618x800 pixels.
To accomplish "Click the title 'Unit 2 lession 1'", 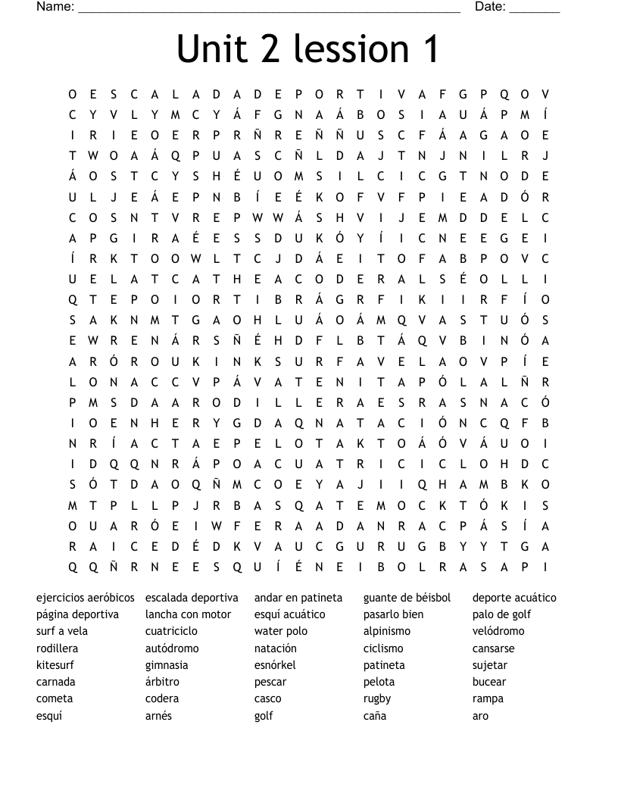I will tap(308, 48).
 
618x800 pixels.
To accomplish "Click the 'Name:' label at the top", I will tap(55, 7).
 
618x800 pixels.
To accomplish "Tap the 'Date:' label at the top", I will tap(491, 7).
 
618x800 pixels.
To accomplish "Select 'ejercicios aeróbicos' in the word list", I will tap(86, 598).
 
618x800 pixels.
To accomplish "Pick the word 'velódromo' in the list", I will tap(498, 631).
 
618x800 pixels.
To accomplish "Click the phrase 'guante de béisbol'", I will tap(407, 598).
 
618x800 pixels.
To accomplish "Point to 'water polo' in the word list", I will tap(281, 631).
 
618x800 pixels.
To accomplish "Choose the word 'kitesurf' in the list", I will tap(55, 665).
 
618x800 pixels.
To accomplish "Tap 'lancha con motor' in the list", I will tap(188, 614).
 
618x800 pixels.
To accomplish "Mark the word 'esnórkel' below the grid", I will tap(275, 665).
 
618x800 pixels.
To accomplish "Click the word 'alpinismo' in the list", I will tap(387, 631).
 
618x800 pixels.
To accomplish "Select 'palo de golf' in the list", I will tap(502, 614).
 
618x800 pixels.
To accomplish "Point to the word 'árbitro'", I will tap(163, 682).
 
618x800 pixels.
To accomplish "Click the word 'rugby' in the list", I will tap(377, 698).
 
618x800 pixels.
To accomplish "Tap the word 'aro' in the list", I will tap(481, 716).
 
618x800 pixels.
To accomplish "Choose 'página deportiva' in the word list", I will tap(77, 614).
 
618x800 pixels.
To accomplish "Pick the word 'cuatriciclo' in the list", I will tap(171, 631).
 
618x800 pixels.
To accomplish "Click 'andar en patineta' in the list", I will tap(298, 598).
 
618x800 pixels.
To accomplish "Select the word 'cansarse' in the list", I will tap(494, 648).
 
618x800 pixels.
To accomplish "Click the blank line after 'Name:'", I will tap(269, 9).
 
